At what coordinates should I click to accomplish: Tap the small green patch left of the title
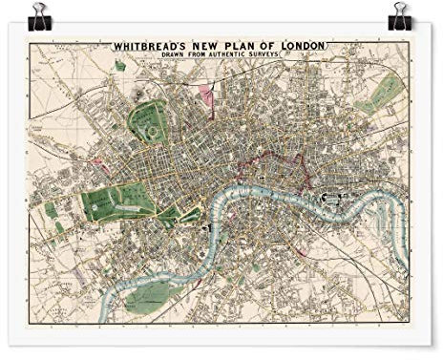120,66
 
